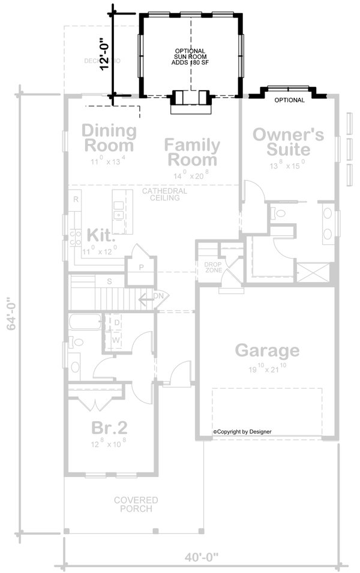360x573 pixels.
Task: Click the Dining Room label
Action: (x=109, y=137)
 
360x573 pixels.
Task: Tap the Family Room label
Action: (x=192, y=152)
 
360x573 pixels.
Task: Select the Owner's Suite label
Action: (x=288, y=142)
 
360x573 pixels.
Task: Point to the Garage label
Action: (x=266, y=350)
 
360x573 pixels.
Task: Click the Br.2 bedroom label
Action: (x=109, y=428)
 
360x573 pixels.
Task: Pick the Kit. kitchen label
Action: (x=101, y=234)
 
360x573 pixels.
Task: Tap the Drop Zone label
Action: (x=213, y=267)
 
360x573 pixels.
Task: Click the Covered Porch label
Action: (x=137, y=504)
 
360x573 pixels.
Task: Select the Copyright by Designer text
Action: (x=242, y=431)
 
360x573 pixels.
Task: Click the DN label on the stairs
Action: (x=158, y=296)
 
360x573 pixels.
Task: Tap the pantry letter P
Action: (x=142, y=268)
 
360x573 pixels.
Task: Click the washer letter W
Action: (x=117, y=339)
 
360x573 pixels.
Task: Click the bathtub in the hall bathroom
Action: (x=84, y=323)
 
